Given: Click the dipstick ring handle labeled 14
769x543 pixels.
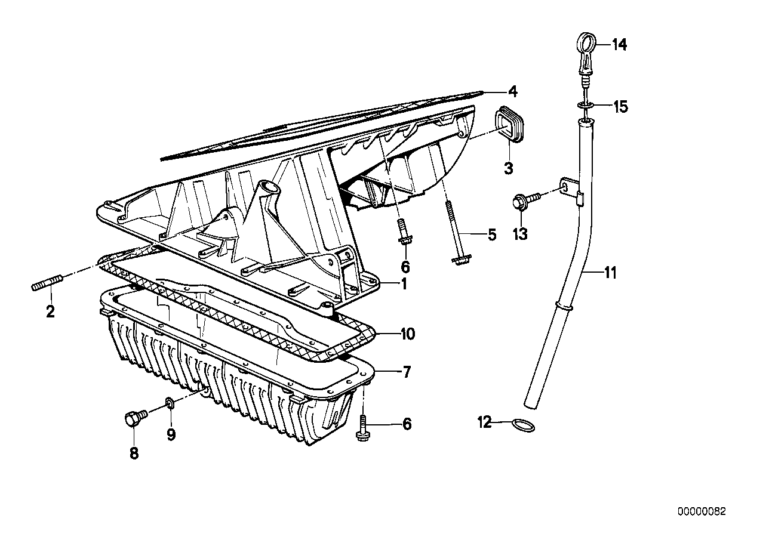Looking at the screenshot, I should (586, 44).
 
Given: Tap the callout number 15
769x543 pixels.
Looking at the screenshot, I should (620, 107).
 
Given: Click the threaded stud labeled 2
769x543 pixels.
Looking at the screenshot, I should (45, 285).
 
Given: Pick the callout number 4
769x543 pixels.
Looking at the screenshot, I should (512, 91).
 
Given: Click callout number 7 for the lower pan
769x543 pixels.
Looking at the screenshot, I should (406, 373).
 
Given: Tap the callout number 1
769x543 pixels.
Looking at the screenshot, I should (404, 284).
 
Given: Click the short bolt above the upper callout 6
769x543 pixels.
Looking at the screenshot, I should (404, 233).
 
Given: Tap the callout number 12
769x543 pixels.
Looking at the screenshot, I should (484, 423).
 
